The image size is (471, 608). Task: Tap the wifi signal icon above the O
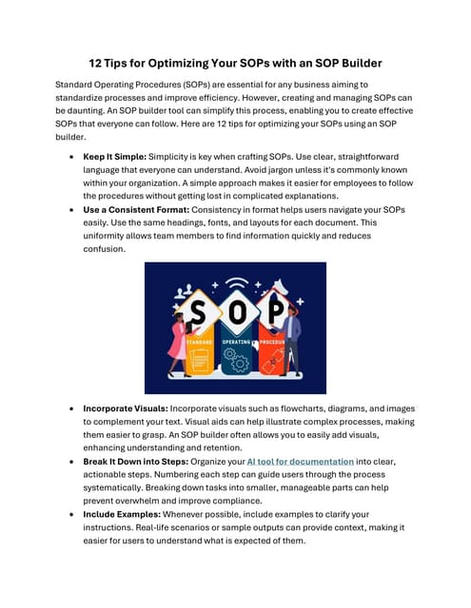click(235, 283)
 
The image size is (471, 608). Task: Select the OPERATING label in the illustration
click(235, 341)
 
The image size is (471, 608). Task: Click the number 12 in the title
click(96, 64)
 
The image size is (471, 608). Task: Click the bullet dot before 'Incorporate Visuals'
click(73, 408)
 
